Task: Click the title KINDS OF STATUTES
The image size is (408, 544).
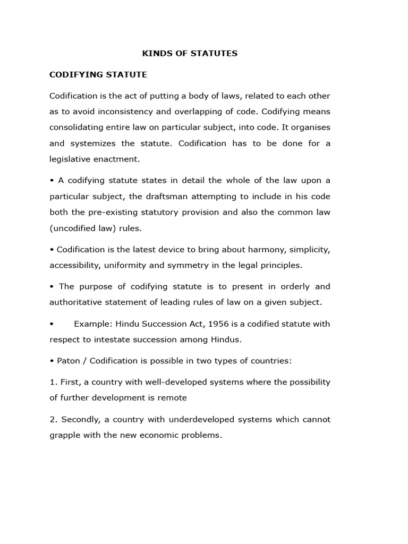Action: click(x=190, y=53)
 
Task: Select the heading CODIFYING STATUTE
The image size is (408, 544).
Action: click(x=98, y=75)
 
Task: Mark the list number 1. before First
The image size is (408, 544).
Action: click(x=53, y=382)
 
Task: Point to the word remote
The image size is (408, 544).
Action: click(x=174, y=398)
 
